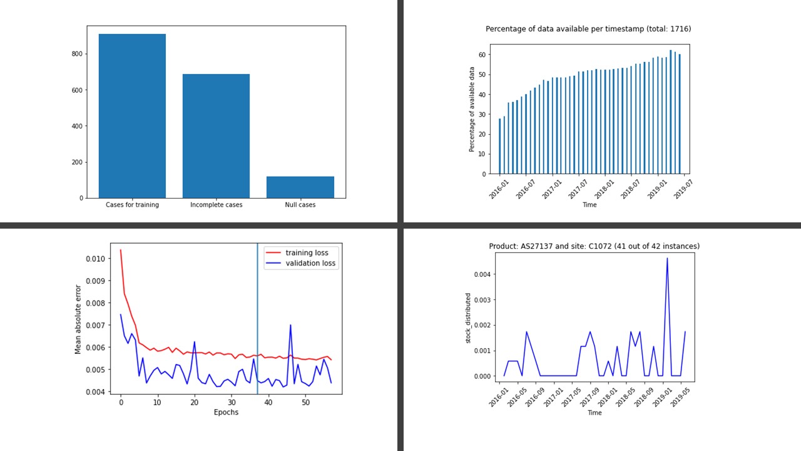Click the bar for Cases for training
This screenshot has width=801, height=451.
click(x=132, y=116)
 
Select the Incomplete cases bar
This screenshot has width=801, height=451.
click(x=216, y=136)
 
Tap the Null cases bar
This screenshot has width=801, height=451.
click(x=300, y=187)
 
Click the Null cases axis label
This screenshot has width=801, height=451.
click(x=300, y=205)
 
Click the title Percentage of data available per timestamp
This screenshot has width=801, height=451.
click(x=588, y=29)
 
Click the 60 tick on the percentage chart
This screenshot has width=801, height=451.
click(x=482, y=54)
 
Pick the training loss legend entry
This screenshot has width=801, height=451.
click(x=307, y=252)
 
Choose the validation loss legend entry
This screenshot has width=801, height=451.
click(x=311, y=264)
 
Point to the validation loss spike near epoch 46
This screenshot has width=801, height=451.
click(x=290, y=326)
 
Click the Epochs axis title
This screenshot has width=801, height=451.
click(x=226, y=412)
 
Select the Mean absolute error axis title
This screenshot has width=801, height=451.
click(x=78, y=319)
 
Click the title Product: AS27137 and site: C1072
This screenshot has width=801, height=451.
click(x=594, y=246)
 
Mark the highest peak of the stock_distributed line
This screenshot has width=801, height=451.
click(x=667, y=258)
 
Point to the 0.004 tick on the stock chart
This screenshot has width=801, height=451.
click(x=476, y=274)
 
